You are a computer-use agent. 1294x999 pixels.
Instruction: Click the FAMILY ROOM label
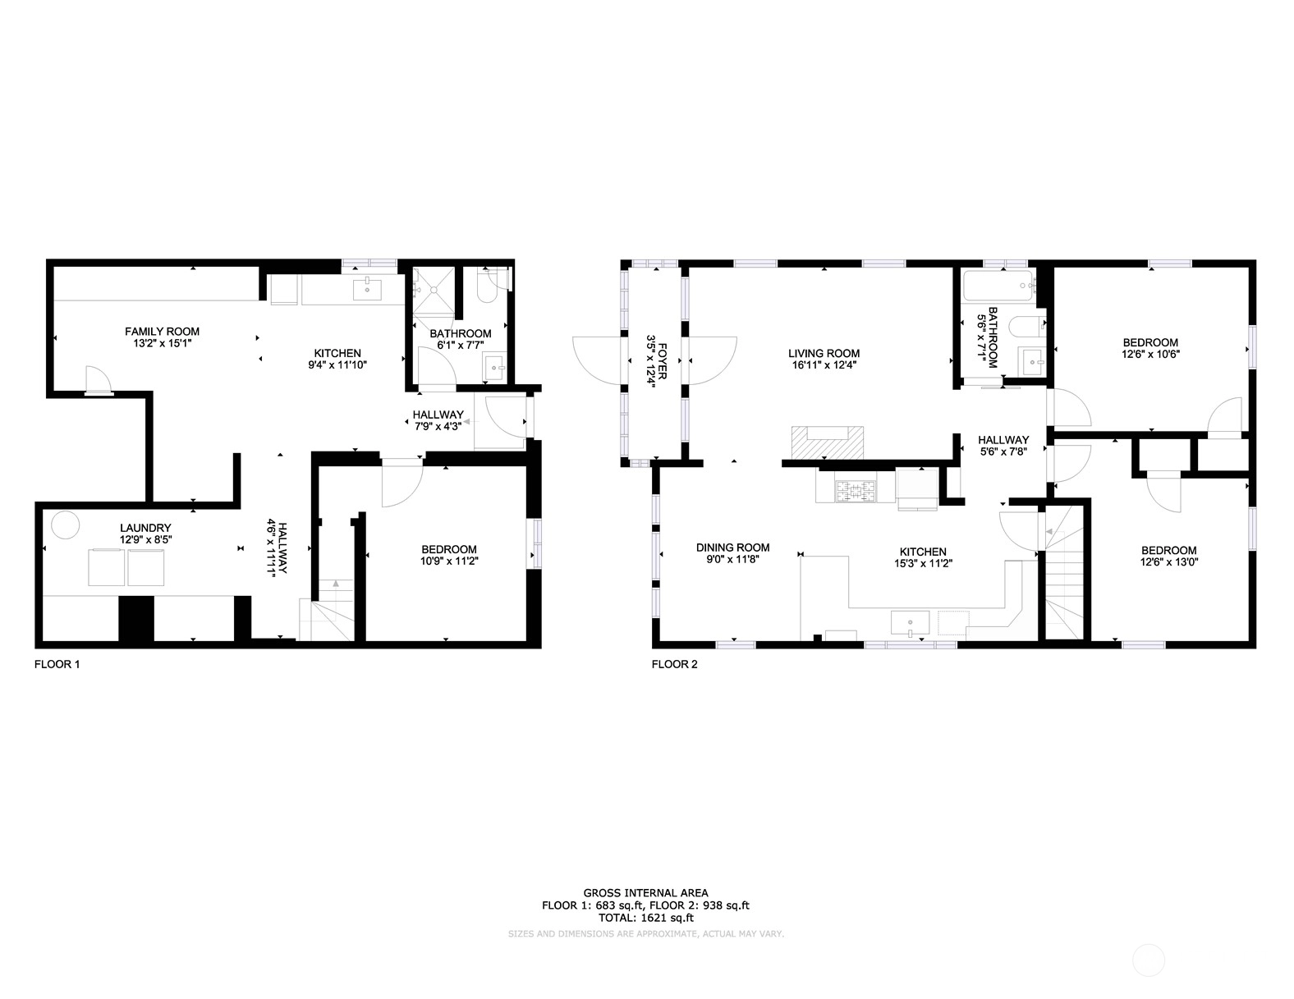(x=162, y=332)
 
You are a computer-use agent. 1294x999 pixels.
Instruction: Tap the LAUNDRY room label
(x=145, y=528)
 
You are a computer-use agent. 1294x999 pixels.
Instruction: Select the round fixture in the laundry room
(x=65, y=525)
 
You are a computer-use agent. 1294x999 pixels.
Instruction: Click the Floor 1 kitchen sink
(x=367, y=289)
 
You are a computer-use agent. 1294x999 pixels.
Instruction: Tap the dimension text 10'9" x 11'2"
(x=450, y=561)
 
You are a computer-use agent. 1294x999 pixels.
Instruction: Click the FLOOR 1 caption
(x=57, y=664)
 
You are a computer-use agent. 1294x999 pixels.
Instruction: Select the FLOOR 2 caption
(x=675, y=664)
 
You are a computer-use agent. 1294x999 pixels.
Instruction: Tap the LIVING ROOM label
(x=824, y=354)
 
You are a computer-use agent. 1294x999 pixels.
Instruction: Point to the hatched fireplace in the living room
(x=827, y=442)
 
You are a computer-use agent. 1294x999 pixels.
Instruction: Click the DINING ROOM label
(x=733, y=548)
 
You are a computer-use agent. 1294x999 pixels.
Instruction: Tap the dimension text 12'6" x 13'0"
(x=1169, y=562)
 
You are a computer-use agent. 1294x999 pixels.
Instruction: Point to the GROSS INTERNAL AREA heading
(x=645, y=893)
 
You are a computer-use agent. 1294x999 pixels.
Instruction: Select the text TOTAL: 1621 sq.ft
(x=646, y=918)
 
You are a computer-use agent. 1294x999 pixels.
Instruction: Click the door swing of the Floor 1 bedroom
(x=402, y=483)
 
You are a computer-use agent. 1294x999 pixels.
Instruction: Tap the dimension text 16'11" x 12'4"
(x=824, y=365)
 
